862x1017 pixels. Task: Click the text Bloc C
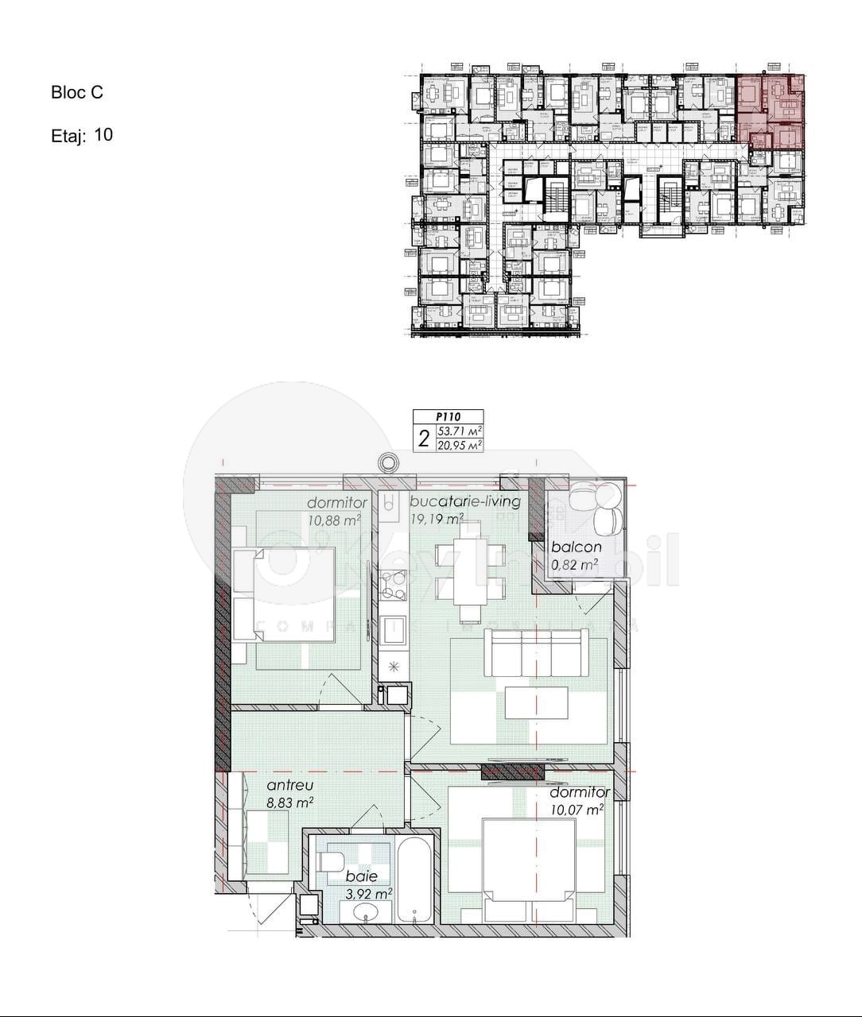(x=77, y=92)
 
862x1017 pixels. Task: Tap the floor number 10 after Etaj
(x=103, y=134)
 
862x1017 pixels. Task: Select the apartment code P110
(x=448, y=416)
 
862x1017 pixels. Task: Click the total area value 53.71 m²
(x=460, y=431)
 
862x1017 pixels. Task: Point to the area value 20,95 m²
(x=460, y=445)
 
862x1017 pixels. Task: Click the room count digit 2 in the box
(x=424, y=438)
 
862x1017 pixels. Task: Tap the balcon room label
(x=577, y=547)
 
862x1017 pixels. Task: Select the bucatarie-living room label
(x=464, y=501)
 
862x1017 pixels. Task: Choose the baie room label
(x=362, y=876)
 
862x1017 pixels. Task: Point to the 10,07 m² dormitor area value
(x=577, y=810)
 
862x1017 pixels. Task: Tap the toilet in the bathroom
(x=331, y=861)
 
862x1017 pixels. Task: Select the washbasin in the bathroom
(x=367, y=913)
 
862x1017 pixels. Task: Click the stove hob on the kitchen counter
(x=393, y=586)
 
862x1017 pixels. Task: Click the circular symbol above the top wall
(x=387, y=462)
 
